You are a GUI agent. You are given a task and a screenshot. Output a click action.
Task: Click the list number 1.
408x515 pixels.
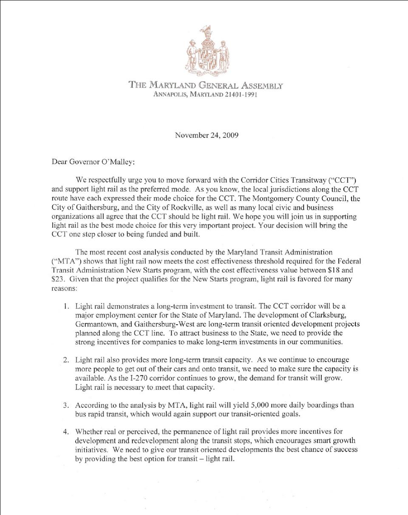[x=67, y=306]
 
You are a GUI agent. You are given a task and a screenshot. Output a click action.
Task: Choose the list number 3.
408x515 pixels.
[x=66, y=405]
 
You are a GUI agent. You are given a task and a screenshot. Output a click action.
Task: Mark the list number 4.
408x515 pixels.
[x=66, y=433]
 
